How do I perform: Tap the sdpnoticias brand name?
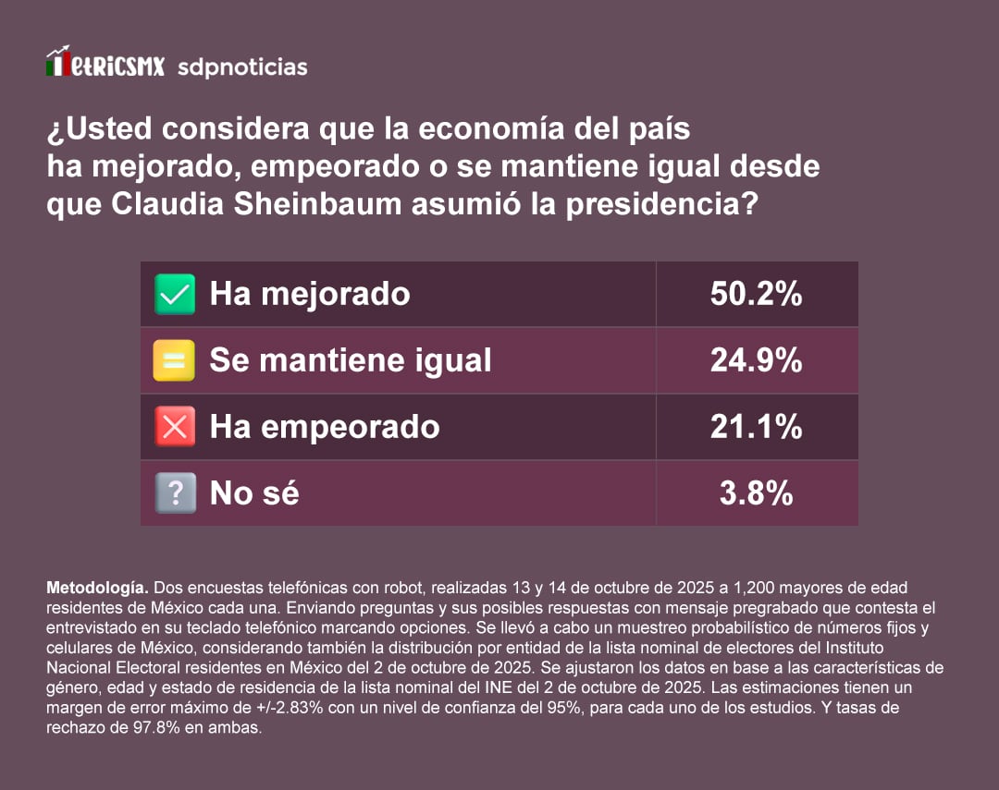[241, 67]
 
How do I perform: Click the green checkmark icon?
[174, 295]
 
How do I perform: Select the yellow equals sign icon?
[174, 360]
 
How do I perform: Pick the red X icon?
[174, 427]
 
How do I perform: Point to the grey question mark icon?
[174, 493]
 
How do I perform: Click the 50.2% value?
[756, 294]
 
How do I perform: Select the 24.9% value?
[756, 360]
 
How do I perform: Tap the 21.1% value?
[756, 427]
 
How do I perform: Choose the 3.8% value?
[756, 493]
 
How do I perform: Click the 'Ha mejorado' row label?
[310, 294]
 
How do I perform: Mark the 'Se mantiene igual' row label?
[351, 360]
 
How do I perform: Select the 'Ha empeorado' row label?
[325, 427]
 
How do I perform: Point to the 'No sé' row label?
[254, 493]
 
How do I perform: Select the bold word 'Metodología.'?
[97, 588]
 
